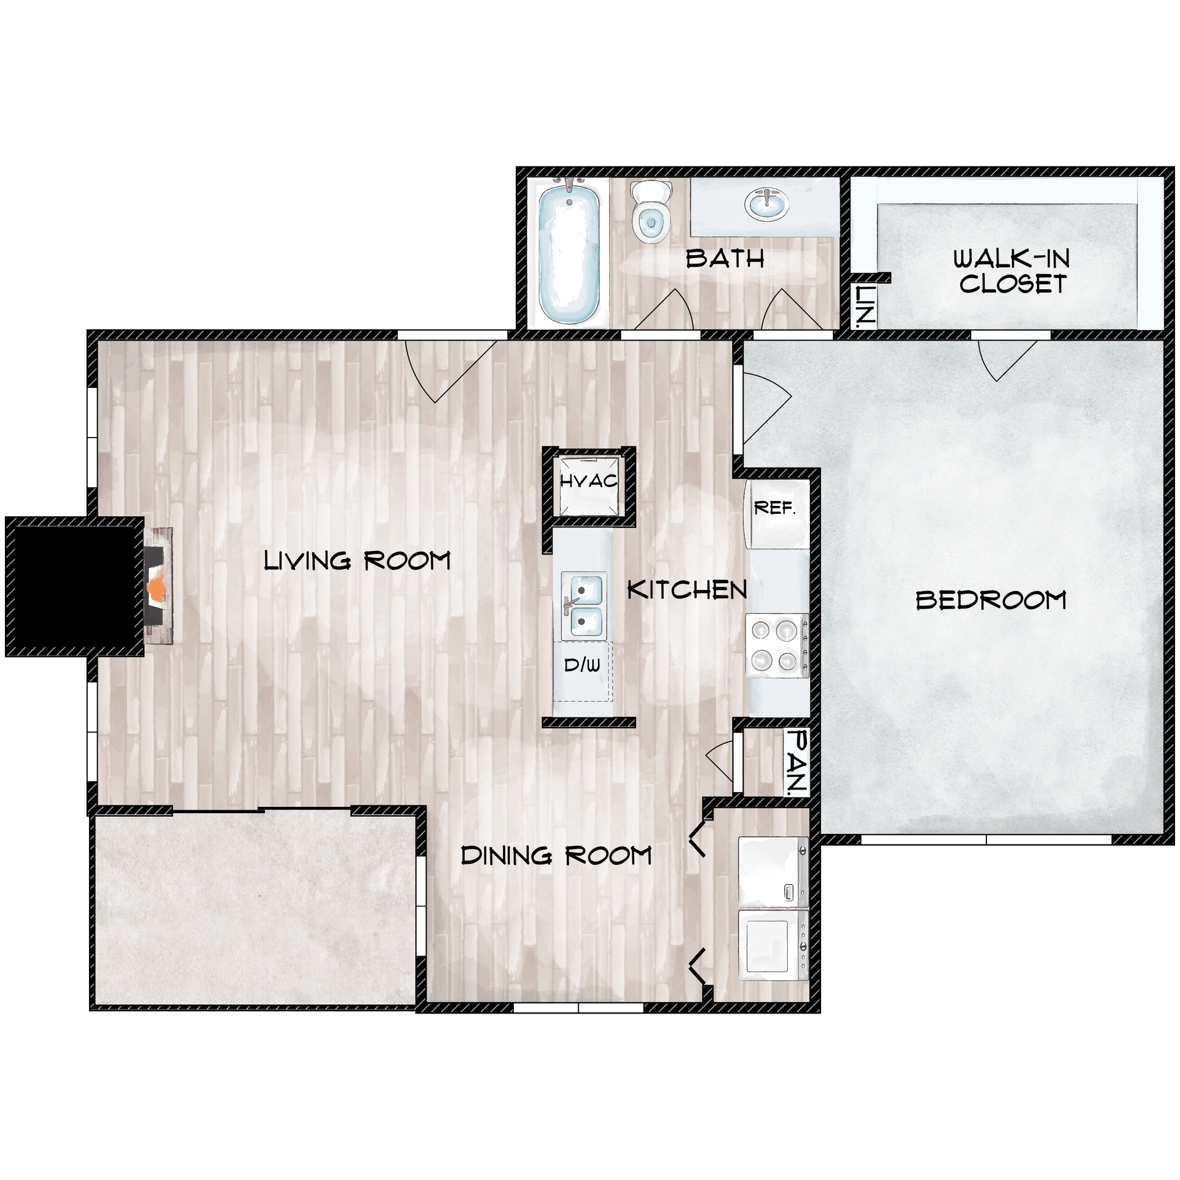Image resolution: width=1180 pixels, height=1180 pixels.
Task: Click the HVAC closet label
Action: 588,481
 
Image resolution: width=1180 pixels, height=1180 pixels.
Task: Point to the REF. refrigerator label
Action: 774,509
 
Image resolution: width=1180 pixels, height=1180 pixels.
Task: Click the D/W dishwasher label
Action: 581,664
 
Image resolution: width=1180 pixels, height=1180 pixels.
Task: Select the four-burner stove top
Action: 776,646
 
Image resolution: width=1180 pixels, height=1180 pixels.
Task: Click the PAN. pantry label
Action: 798,762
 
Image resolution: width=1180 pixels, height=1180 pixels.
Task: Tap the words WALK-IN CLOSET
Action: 1012,271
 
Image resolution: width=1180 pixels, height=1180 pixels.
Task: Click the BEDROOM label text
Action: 991,600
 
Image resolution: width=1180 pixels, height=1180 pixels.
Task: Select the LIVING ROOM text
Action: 357,561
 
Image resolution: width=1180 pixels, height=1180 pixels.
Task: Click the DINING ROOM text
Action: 556,855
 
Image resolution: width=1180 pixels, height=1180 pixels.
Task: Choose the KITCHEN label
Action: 686,591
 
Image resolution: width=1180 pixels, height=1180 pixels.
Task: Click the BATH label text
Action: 725,259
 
